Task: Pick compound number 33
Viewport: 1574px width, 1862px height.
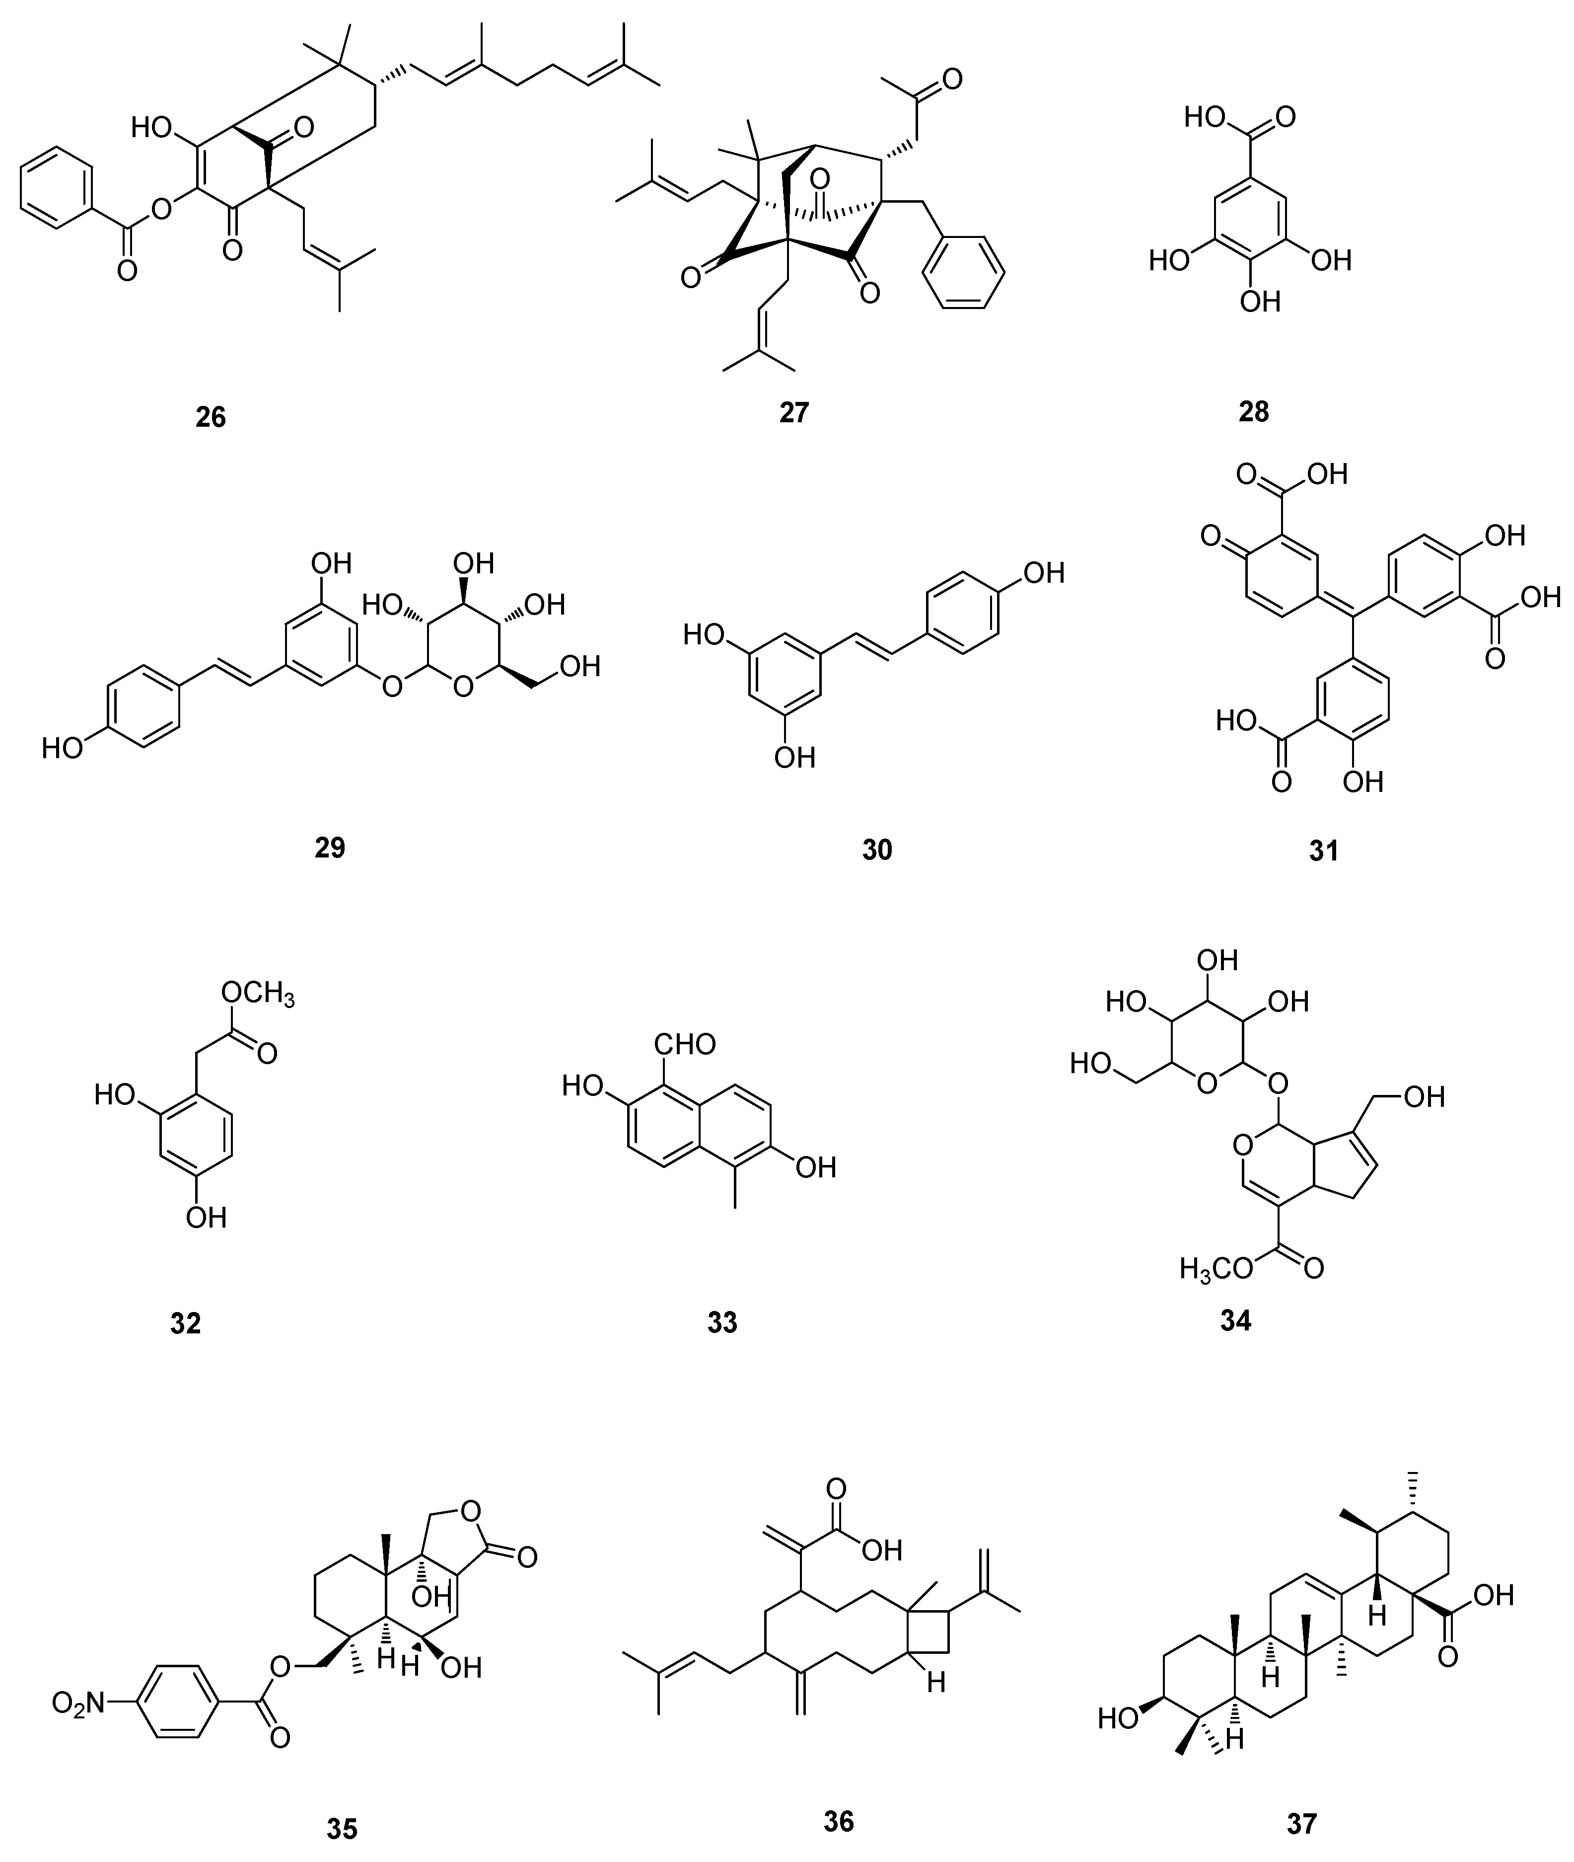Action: (x=722, y=1322)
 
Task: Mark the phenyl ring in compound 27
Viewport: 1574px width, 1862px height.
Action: (x=964, y=272)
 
